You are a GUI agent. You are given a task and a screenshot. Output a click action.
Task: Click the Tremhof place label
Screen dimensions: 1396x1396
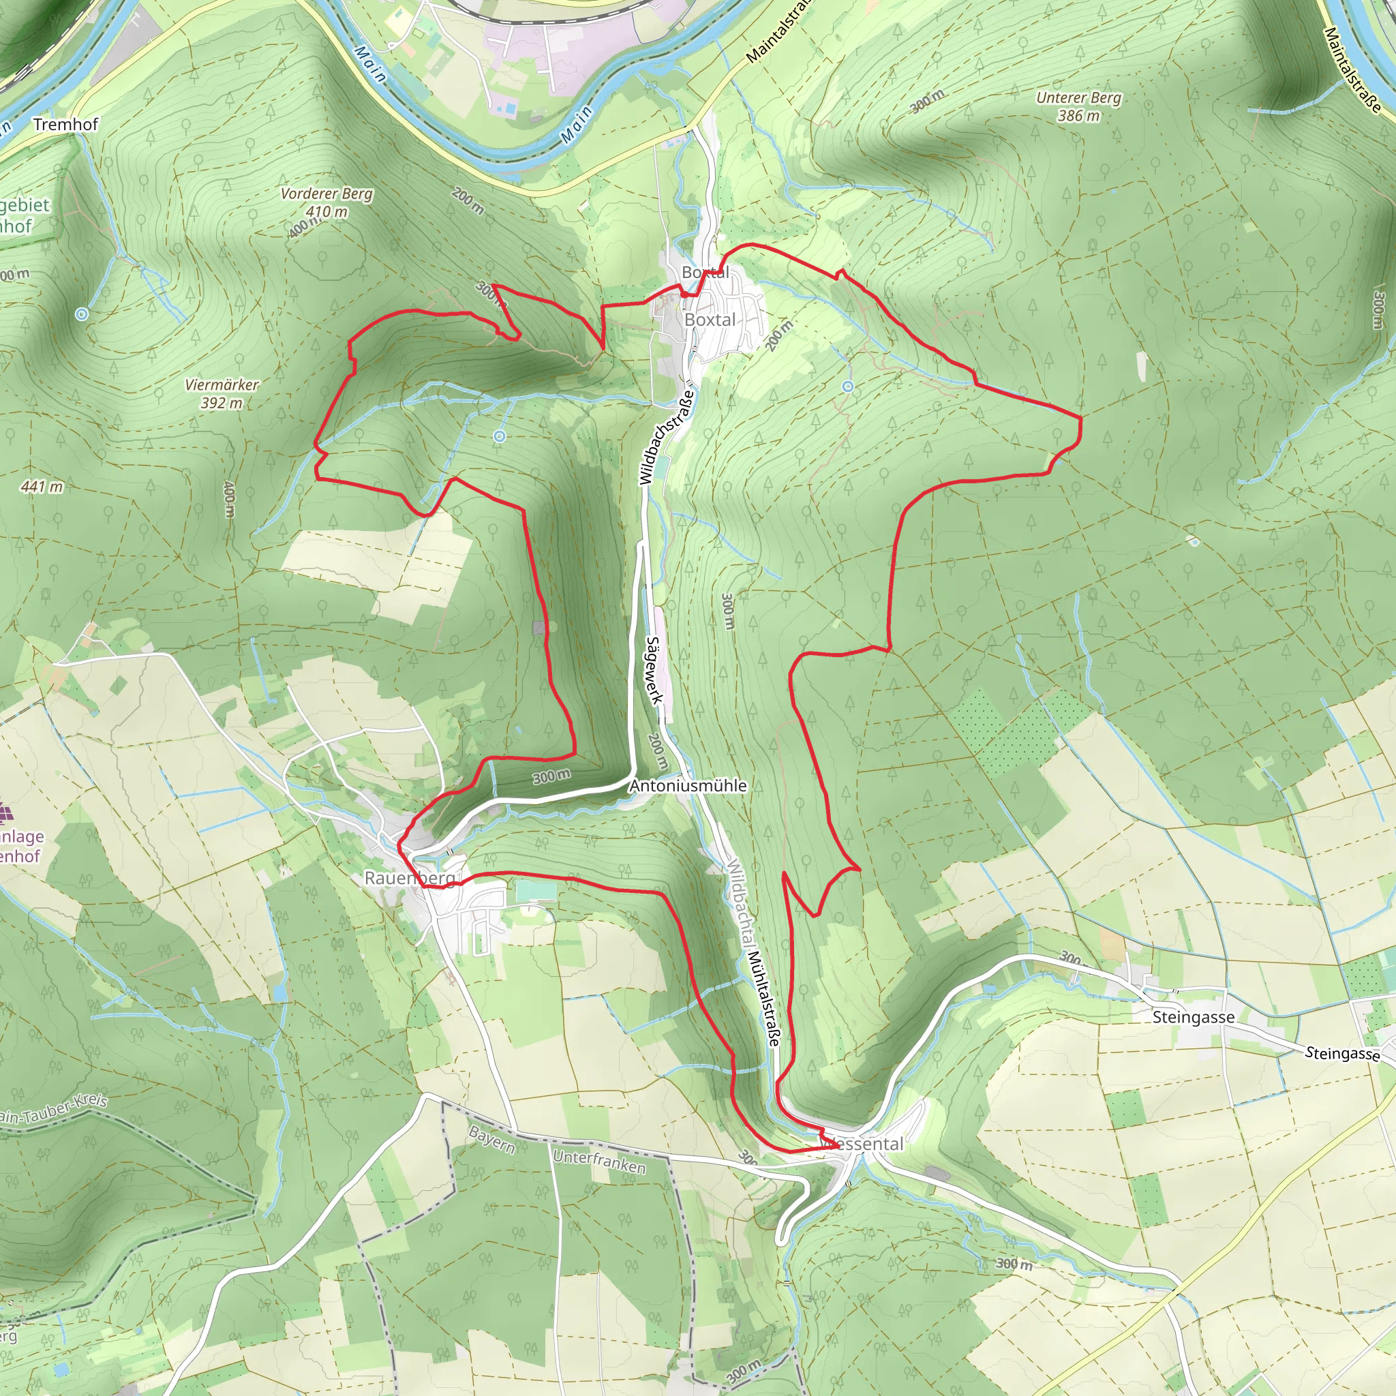65,124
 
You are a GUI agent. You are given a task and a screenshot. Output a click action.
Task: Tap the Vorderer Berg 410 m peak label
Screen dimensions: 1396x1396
327,202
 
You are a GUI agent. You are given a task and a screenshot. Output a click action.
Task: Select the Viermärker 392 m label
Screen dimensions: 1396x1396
221,394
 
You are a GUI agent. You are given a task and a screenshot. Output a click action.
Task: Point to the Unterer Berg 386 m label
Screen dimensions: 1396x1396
1079,106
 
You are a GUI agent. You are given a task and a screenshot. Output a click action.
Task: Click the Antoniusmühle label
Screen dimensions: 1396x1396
687,785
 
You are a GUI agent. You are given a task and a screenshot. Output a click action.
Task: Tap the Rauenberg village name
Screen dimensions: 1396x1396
410,878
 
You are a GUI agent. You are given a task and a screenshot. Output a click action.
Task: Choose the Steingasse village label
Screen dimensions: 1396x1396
1193,1018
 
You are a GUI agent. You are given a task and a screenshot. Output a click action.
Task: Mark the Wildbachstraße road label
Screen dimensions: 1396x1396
666,437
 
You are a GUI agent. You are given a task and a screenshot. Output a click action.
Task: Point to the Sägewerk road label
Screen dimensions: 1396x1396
654,670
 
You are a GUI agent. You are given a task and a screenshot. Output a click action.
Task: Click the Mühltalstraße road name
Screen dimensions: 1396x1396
765,998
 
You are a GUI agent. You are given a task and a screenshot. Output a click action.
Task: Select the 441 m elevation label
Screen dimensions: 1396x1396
41,486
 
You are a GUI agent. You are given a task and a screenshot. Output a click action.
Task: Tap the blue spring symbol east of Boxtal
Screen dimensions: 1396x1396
847,386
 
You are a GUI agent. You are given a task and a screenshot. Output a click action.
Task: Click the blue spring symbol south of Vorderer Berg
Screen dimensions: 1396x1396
499,436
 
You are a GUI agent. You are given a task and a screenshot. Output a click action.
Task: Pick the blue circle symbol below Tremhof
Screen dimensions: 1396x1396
82,314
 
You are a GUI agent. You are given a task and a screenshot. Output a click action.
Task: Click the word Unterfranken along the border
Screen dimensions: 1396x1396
599,1161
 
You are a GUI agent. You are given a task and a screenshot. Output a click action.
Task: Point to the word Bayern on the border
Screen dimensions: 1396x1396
491,1140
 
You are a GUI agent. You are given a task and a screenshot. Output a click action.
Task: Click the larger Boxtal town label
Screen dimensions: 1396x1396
710,320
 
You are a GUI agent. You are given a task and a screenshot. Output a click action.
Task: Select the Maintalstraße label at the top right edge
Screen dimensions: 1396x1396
1352,70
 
